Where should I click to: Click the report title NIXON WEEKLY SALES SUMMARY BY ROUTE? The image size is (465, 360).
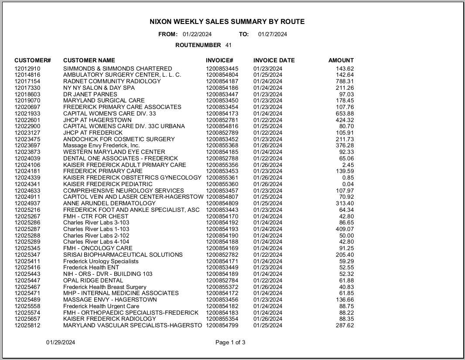pyautogui.click(x=227, y=21)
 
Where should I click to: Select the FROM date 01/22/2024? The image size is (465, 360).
pyautogui.click(x=197, y=34)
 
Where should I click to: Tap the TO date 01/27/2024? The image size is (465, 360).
pyautogui.click(x=273, y=34)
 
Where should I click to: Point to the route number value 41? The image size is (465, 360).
pyautogui.click(x=229, y=45)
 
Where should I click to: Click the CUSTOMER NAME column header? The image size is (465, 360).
pyautogui.click(x=89, y=61)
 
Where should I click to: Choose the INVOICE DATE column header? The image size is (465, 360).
pyautogui.click(x=274, y=61)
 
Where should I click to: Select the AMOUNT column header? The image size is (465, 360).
pyautogui.click(x=341, y=61)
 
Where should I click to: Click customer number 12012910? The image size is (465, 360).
pyautogui.click(x=27, y=68)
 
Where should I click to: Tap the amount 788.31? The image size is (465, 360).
pyautogui.click(x=345, y=82)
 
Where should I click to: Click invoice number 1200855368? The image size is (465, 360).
pyautogui.click(x=222, y=146)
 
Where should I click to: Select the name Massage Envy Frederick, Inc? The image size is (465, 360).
pyautogui.click(x=101, y=146)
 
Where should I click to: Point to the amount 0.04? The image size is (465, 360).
pyautogui.click(x=348, y=184)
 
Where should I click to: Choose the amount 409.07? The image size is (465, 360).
pyautogui.click(x=345, y=229)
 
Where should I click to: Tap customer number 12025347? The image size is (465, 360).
pyautogui.click(x=27, y=255)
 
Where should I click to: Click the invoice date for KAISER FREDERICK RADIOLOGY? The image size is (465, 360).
pyautogui.click(x=268, y=319)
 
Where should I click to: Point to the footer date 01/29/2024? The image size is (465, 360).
pyautogui.click(x=61, y=343)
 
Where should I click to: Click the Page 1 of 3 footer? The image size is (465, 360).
pyautogui.click(x=230, y=343)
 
